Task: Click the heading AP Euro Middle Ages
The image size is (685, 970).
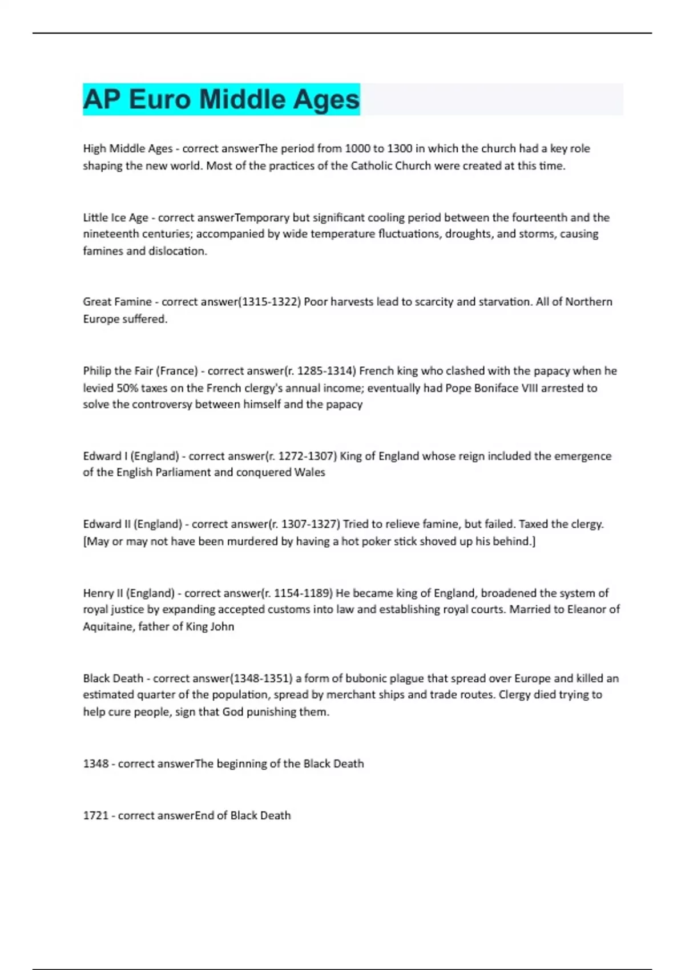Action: [221, 99]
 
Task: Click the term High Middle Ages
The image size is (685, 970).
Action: [127, 149]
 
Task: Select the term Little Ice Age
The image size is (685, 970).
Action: [115, 217]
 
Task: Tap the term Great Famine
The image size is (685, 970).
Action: [117, 302]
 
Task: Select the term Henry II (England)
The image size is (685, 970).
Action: [128, 593]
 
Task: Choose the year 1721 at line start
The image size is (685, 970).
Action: [95, 815]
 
